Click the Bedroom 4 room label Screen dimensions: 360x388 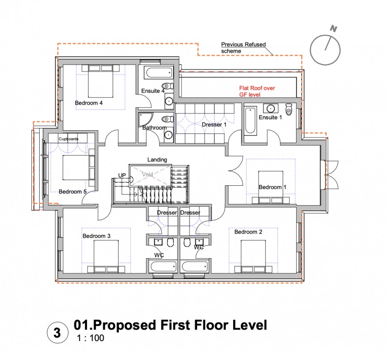pyautogui.click(x=89, y=103)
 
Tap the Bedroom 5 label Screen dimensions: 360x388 pyautogui.click(x=72, y=192)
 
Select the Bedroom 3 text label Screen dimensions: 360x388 pyautogui.click(x=96, y=236)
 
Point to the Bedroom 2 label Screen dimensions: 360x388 pyautogui.click(x=248, y=232)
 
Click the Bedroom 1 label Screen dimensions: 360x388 pyautogui.click(x=270, y=187)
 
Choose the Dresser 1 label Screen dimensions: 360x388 pyautogui.click(x=214, y=125)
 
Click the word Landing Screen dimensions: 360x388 pyautogui.click(x=157, y=160)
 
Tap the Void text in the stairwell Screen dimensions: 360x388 pyautogui.click(x=148, y=174)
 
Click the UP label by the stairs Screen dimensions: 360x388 pyautogui.click(x=122, y=175)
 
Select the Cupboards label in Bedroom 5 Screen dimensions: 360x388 pyautogui.click(x=68, y=139)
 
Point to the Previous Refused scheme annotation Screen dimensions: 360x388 pyautogui.click(x=243, y=48)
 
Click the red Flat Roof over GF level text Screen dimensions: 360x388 pyautogui.click(x=257, y=91)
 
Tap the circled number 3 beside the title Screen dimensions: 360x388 pyautogui.click(x=57, y=333)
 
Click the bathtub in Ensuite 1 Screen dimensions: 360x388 pyautogui.click(x=250, y=120)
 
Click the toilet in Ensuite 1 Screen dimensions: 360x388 pyautogui.click(x=289, y=109)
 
